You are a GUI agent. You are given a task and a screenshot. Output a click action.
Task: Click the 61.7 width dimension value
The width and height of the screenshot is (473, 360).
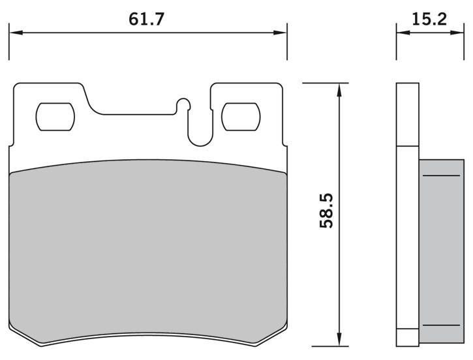click(146, 20)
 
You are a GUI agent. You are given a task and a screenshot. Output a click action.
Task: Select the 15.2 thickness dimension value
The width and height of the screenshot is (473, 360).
click(429, 20)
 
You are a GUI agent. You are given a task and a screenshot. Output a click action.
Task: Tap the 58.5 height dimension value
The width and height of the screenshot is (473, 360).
click(326, 211)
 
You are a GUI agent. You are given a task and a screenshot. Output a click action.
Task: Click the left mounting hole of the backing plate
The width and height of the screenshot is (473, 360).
click(55, 117)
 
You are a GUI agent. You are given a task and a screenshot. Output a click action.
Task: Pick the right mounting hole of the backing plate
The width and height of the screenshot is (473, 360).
click(241, 117)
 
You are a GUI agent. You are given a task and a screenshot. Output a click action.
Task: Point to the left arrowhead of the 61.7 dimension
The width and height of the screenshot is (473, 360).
click(16, 33)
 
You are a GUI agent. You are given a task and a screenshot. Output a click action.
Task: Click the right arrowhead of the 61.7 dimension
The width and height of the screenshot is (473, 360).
click(280, 33)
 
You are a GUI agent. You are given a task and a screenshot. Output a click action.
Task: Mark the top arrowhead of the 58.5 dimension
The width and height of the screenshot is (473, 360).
click(339, 90)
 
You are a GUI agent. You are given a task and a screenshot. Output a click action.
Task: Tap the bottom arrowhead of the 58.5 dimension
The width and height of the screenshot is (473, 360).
click(339, 339)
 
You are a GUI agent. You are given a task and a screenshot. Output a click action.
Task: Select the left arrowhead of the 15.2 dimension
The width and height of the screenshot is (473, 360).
click(403, 33)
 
